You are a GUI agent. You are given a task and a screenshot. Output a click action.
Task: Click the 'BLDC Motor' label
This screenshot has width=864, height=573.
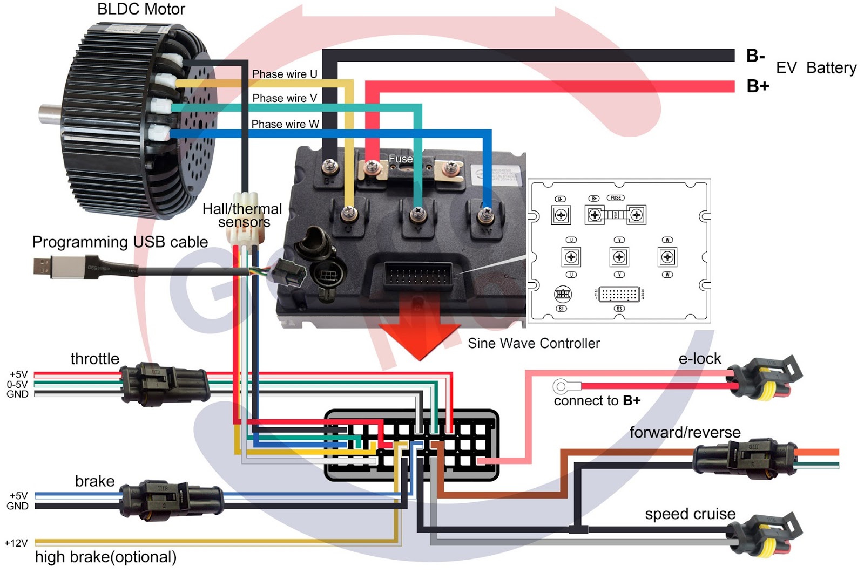[x=141, y=9]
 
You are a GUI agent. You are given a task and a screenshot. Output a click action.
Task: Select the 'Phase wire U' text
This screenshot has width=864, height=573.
[x=285, y=74]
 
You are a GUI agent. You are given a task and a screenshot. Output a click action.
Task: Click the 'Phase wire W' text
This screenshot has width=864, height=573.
[x=285, y=124]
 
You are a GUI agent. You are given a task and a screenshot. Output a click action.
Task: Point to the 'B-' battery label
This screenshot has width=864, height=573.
[x=755, y=56]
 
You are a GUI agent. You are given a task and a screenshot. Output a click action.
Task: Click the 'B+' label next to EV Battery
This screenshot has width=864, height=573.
[x=758, y=86]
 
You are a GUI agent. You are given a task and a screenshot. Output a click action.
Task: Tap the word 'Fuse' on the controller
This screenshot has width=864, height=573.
[x=400, y=159]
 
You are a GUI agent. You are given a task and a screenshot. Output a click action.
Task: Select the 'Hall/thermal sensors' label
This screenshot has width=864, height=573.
[x=242, y=215]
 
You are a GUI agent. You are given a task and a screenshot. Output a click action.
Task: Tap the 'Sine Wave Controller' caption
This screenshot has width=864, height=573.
[x=534, y=343]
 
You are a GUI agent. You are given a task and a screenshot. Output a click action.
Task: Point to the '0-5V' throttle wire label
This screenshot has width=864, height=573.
[x=17, y=384]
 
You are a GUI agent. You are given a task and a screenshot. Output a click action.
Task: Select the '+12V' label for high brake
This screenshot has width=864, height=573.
[x=16, y=543]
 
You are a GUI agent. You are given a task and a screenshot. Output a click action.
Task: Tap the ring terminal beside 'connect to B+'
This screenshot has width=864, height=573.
[x=561, y=386]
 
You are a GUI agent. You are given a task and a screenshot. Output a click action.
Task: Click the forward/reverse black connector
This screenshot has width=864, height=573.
[x=745, y=458]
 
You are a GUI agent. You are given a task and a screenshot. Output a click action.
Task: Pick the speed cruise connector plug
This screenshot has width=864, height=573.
[x=769, y=534]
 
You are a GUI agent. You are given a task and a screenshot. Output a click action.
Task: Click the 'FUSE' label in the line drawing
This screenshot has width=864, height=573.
[x=616, y=198]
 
